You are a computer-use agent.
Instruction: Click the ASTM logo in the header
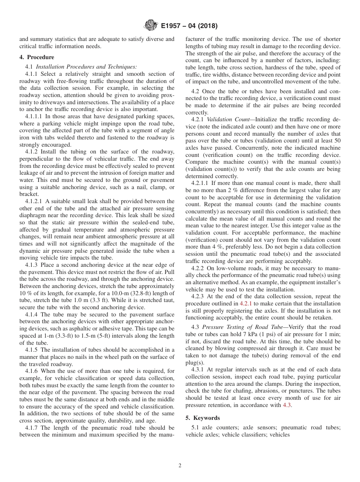click(151, 26)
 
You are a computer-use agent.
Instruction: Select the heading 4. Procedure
click(37, 57)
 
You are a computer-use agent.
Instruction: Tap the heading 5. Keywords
click(202, 418)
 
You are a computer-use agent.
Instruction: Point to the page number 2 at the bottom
click(180, 466)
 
